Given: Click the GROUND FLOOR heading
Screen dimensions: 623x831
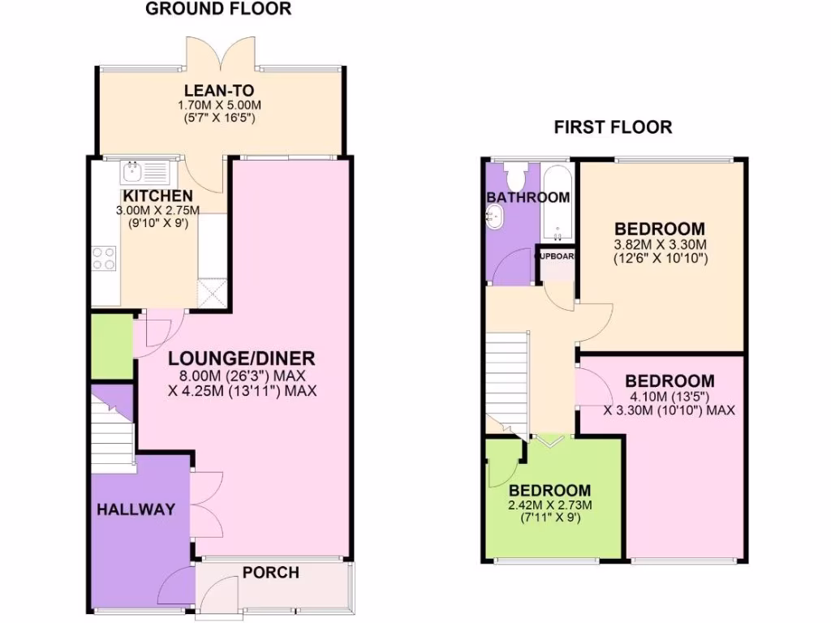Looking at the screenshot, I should pos(218,10).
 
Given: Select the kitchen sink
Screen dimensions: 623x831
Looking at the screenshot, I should pos(144,172).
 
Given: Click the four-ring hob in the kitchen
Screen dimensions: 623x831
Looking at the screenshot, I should pos(105,258).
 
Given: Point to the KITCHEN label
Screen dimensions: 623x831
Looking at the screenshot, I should pos(157,196).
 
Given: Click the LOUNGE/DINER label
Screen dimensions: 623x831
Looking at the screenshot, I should pos(241,359).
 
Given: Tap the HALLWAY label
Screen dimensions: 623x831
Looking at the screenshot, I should pos(136,509).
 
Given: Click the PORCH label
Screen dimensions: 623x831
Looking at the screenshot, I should pos(270,573).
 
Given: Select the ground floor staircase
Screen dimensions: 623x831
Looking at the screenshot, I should pos(113,430).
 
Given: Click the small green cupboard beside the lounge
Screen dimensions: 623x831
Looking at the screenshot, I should pos(110,347).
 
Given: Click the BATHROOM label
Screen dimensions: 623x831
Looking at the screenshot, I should pos(528,197).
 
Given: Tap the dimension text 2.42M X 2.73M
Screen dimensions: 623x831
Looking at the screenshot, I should pos(550,505).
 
